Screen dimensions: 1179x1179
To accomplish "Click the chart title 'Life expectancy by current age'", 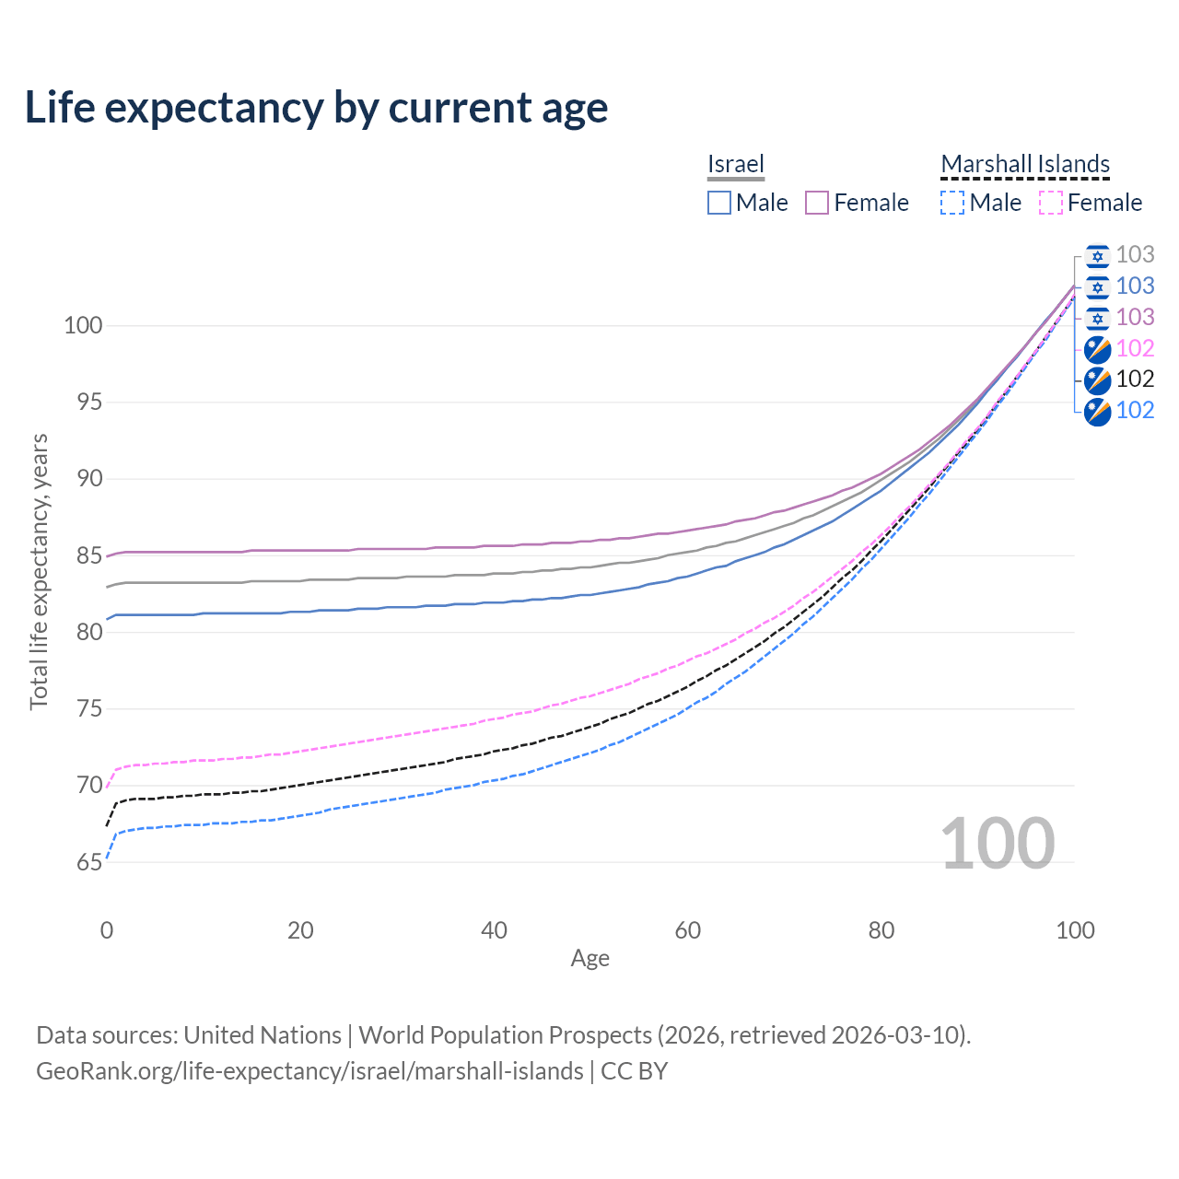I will tap(316, 108).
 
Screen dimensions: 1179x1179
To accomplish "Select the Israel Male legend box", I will tap(719, 203).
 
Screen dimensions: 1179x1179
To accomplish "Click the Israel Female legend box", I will tap(817, 203).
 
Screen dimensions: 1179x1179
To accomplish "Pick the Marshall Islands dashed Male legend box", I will tap(952, 203).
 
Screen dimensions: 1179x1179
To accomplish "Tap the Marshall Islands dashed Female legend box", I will tap(1050, 203).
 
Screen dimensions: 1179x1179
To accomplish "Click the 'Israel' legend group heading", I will tap(736, 164).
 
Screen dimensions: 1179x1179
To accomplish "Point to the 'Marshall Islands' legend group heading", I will tap(1025, 164).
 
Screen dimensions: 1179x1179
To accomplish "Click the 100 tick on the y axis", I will tap(83, 325).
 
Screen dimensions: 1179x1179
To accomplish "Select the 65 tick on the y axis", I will tap(89, 862).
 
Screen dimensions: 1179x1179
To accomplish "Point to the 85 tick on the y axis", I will tap(89, 555).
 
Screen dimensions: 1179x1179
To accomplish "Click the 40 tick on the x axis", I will tap(494, 930).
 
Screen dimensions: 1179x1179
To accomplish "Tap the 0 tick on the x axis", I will tap(107, 930).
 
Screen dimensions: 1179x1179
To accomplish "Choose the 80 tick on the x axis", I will tap(881, 930).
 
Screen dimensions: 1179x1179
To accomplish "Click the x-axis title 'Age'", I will tap(589, 958).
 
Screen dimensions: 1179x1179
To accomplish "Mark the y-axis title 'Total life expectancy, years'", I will tap(39, 571).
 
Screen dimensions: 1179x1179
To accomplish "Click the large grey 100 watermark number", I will tap(997, 843).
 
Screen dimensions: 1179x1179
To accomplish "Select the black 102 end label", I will tap(1135, 379).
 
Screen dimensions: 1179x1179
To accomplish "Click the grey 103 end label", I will tap(1135, 254).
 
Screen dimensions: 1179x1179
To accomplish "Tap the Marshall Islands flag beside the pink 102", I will tap(1097, 348).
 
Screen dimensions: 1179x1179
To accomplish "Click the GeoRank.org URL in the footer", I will tap(309, 1071).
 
